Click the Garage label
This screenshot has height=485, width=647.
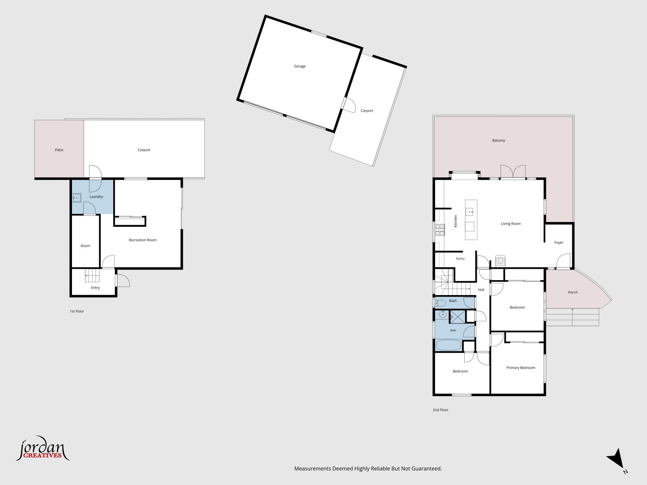coord(300,66)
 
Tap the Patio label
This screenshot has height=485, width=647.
coord(59,150)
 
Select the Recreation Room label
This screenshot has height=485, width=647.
coord(142,240)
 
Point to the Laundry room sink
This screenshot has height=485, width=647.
coord(77,198)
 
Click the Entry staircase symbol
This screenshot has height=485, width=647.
coord(92,276)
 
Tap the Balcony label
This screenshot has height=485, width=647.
coord(499,141)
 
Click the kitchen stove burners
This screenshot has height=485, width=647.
coord(440,230)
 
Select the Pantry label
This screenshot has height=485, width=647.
coord(460,259)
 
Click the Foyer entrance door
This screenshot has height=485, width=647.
coord(563,261)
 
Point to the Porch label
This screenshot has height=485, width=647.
coord(573,292)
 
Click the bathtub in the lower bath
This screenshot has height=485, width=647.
coord(448,345)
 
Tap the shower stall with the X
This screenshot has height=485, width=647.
coord(457,317)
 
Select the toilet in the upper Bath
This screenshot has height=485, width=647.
coord(441,303)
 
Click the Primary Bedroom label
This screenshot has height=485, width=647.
coord(520,368)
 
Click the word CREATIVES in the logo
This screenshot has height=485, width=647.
coord(42,455)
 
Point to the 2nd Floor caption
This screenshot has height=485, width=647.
coord(440,410)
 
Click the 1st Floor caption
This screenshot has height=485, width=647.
coord(77,311)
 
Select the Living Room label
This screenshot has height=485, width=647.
coord(511,224)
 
